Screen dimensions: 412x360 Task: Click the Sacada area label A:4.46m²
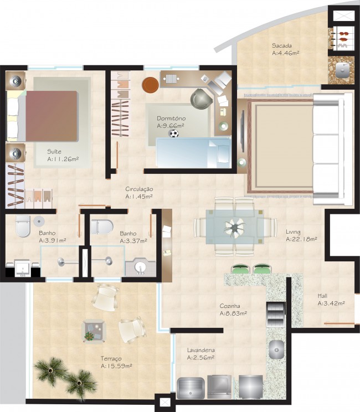coord(286,54)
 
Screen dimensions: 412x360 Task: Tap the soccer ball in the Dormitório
coord(174,133)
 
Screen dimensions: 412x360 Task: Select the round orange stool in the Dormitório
coord(150,85)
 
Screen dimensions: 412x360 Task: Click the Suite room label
coord(54,151)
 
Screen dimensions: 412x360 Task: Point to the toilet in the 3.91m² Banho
coord(22,225)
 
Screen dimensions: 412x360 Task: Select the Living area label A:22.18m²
coord(301,240)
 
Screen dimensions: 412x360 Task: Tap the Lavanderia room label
coord(200,350)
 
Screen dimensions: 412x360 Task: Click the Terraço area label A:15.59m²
coord(116,366)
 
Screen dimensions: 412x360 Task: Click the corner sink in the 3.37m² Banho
coord(139,267)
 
